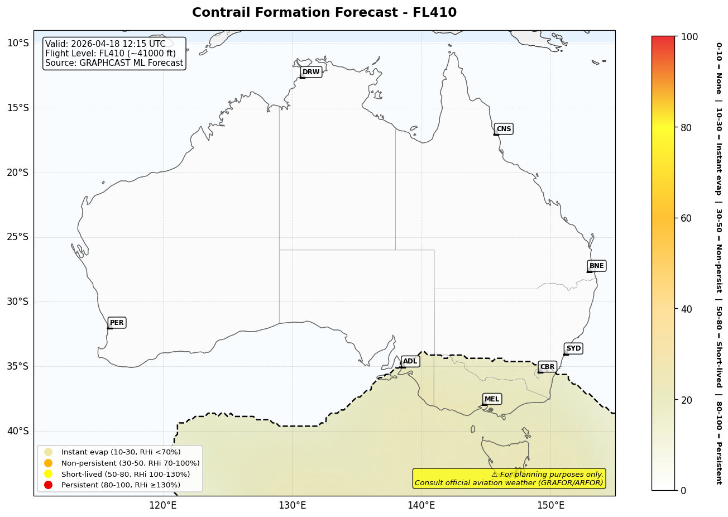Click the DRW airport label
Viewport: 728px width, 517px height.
[311, 72]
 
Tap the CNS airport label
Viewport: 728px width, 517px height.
[504, 129]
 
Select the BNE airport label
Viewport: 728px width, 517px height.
[596, 266]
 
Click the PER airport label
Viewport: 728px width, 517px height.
[117, 323]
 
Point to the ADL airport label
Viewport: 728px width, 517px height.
[410, 362]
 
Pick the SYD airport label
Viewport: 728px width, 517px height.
[573, 348]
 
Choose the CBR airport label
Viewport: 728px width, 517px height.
[547, 367]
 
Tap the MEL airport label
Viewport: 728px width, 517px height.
[492, 399]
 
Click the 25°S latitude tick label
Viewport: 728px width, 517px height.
[17, 237]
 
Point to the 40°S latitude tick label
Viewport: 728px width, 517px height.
[17, 431]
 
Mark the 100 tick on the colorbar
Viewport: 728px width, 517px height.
[689, 37]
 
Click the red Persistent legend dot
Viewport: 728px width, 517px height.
[48, 485]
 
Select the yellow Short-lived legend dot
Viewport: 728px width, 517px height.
[48, 474]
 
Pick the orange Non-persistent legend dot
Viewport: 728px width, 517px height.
[48, 463]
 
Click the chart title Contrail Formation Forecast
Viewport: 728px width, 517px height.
[324, 13]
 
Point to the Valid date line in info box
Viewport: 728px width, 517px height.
[106, 44]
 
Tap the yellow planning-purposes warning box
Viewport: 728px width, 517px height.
[509, 478]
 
